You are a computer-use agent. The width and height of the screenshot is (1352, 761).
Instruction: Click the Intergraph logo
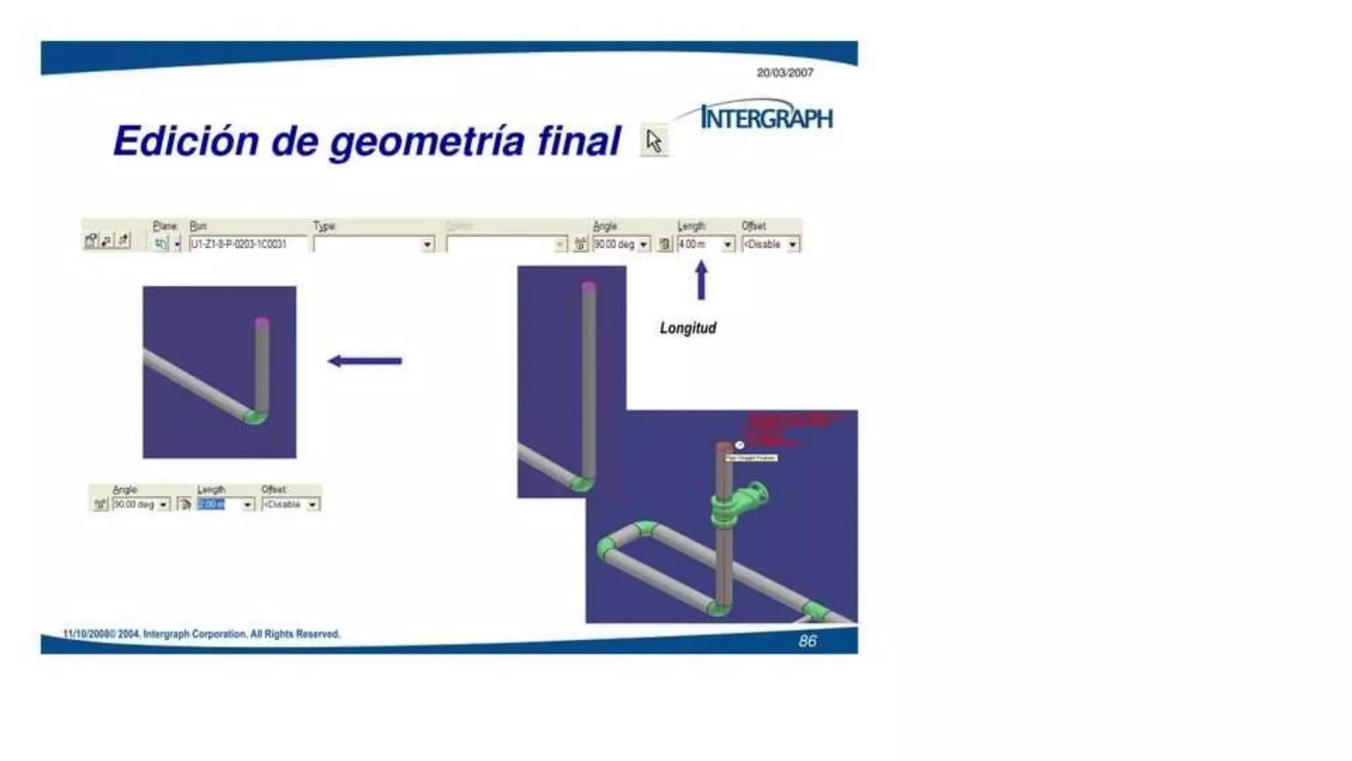[x=766, y=118]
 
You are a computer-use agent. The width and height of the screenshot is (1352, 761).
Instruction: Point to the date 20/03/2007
[x=784, y=73]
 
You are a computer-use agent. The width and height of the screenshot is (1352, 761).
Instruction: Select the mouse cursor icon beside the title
[x=654, y=141]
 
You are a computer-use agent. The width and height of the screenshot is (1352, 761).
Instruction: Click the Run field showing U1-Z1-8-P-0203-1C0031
[x=247, y=244]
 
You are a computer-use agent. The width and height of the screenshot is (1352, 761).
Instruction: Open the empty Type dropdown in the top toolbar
[x=427, y=245]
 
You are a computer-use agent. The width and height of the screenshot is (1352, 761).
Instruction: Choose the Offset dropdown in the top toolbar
[x=792, y=245]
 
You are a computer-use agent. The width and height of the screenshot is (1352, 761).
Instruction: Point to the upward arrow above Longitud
[x=701, y=280]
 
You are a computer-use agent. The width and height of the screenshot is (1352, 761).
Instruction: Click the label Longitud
[x=688, y=328]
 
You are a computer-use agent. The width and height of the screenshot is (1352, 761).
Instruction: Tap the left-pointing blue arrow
[x=365, y=361]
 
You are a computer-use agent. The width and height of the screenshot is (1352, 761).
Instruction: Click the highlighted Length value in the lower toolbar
[x=212, y=505]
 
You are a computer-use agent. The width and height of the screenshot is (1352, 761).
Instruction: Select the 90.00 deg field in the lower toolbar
[x=135, y=505]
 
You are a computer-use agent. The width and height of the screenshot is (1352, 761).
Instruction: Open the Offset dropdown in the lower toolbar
[x=312, y=505]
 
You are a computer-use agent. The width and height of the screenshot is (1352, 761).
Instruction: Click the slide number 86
[x=807, y=641]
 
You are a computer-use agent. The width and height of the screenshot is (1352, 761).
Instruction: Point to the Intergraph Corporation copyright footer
[x=202, y=634]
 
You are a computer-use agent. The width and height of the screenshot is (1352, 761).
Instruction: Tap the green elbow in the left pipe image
[x=255, y=417]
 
